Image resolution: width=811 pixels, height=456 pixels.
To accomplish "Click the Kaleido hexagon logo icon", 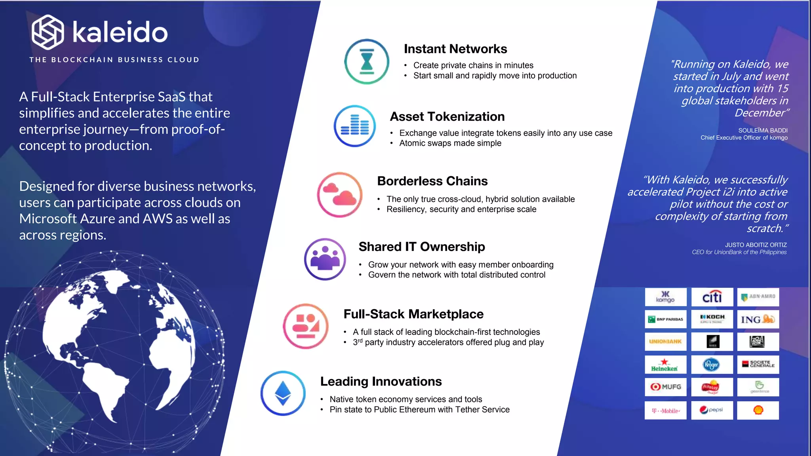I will tap(48, 32).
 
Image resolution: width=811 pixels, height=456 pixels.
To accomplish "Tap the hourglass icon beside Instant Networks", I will tap(367, 62).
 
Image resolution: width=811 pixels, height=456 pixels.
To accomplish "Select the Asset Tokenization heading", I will tap(447, 116).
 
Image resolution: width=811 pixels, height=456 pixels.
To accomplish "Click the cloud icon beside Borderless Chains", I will tap(340, 194).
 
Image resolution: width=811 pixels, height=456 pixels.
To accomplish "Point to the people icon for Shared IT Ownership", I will tap(325, 259).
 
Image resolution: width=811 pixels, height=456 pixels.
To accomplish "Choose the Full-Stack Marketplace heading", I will tap(413, 314).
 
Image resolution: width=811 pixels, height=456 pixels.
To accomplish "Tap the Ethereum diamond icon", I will tap(283, 393).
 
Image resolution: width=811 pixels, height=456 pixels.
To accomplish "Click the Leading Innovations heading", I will tap(381, 381).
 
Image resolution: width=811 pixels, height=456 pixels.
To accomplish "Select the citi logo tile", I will tap(712, 297).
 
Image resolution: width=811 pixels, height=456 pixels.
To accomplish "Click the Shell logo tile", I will tap(758, 410).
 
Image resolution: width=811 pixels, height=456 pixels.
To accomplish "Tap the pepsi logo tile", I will tap(712, 410).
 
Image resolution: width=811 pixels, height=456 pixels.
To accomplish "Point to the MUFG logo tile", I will tap(665, 387).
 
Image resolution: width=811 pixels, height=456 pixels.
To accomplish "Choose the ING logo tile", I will tap(758, 319).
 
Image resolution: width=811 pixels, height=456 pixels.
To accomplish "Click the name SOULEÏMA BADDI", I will tap(763, 130).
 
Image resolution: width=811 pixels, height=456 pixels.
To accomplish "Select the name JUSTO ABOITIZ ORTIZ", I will tap(756, 245).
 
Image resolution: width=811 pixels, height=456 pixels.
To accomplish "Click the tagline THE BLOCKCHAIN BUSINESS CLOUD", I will tap(114, 60).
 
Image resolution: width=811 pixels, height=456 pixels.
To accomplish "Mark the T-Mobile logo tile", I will tap(665, 410).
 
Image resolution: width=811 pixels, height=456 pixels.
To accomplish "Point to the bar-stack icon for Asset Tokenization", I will tap(355, 126).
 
